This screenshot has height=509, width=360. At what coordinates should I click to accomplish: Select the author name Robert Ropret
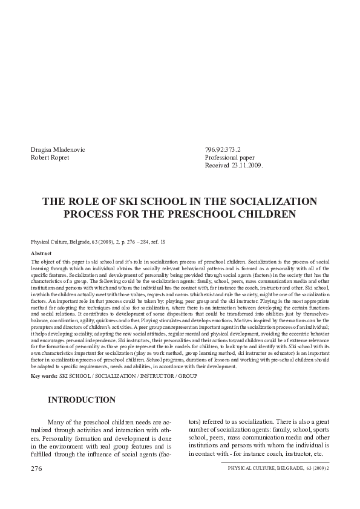(51, 157)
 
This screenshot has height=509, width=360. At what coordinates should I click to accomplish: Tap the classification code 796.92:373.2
(223, 149)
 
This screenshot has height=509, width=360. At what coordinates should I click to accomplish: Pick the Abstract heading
(41, 253)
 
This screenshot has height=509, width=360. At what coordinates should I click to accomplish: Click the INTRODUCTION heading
(82, 400)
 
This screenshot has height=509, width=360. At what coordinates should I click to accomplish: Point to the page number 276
(36, 468)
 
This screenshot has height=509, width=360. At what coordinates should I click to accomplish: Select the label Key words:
(44, 375)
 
